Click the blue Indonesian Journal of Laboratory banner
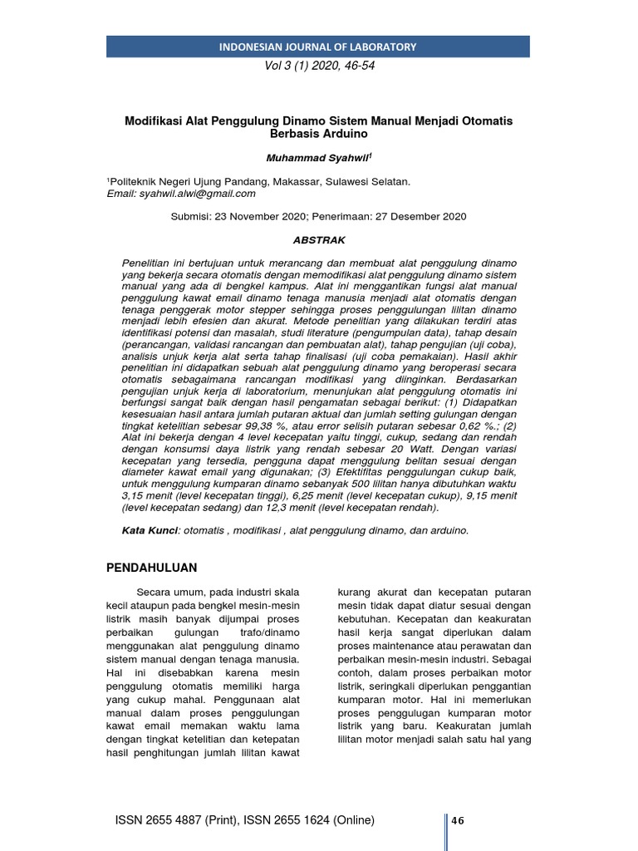(x=318, y=47)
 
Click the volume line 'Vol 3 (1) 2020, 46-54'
(x=318, y=66)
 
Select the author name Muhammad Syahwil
(x=317, y=157)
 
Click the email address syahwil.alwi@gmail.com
(x=199, y=193)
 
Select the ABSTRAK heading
(x=318, y=239)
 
